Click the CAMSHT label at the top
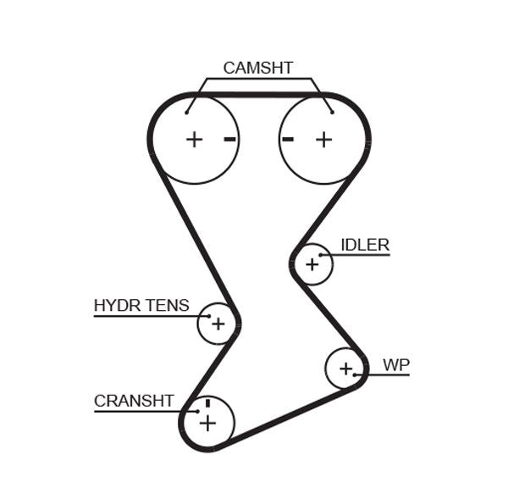coord(257,68)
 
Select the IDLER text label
coord(364,246)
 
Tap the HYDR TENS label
coord(141,306)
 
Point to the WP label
coord(395,365)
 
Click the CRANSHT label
coord(134,401)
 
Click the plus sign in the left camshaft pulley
coord(195,139)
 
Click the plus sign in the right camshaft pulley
coord(323,139)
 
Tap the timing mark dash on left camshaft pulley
coord(229,139)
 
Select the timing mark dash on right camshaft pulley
coord(288,139)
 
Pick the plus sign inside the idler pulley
coord(312,264)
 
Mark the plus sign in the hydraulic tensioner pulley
coord(218,324)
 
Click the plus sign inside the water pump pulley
coord(345,369)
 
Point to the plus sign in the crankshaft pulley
coord(207,423)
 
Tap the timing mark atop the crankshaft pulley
coord(207,402)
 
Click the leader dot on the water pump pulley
coord(356,374)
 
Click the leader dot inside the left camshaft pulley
coord(187,111)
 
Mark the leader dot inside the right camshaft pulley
coord(332,111)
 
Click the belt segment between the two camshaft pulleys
coord(259,95)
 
